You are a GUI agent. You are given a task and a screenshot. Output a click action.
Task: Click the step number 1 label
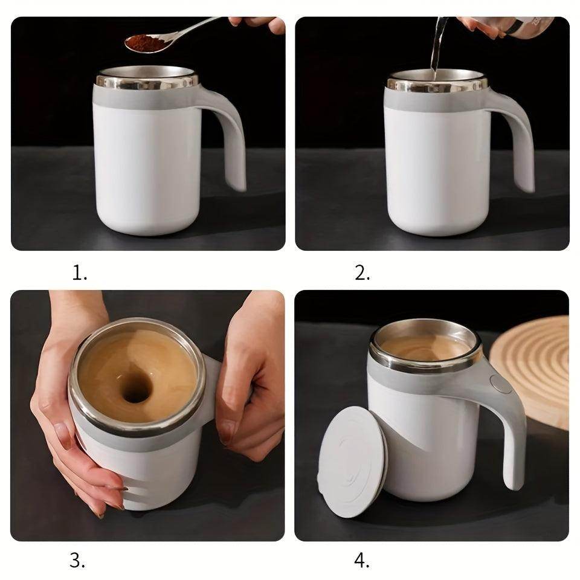coord(80,273)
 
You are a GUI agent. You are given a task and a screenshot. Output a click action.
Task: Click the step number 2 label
coord(362,273)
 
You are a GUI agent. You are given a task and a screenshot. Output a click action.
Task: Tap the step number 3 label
coord(77,561)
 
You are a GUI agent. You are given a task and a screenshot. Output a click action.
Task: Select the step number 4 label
coord(361,561)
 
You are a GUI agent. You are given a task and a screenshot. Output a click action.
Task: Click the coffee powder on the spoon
coord(144,43)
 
